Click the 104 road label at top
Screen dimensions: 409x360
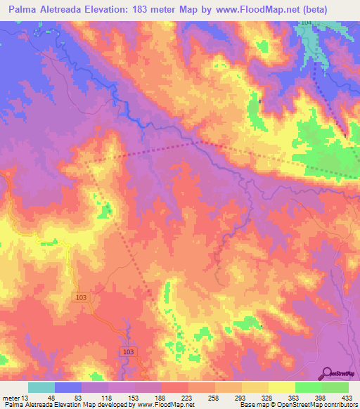point(304,23)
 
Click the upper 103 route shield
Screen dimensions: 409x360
point(82,299)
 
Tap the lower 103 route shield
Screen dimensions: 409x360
point(127,351)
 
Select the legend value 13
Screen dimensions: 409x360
point(27,397)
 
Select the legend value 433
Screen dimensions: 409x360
point(347,397)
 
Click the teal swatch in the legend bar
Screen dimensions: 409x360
point(41,387)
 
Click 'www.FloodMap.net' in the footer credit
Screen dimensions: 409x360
point(166,405)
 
